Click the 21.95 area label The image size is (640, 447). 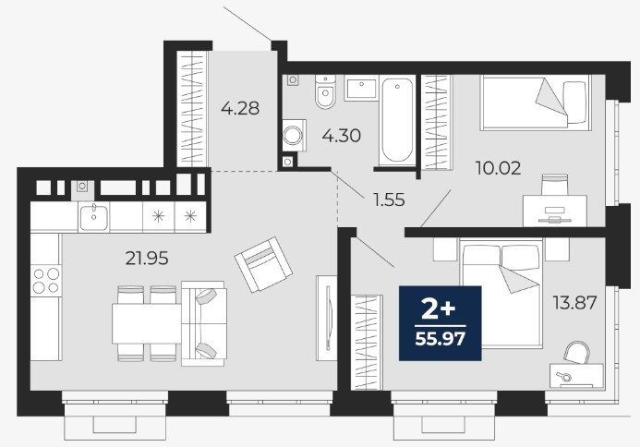(x=147, y=258)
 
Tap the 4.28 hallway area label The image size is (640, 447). (x=240, y=109)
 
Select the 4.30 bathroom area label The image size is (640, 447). (x=341, y=136)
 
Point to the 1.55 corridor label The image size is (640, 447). (x=389, y=199)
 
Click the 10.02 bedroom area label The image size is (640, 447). (x=499, y=168)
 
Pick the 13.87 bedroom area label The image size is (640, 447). (x=574, y=303)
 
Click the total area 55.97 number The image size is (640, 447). (x=440, y=339)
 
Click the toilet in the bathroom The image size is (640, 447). (x=325, y=91)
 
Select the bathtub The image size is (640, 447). (x=397, y=120)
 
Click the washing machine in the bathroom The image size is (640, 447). (x=294, y=136)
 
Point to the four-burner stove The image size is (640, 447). (x=46, y=281)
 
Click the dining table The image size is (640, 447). (x=147, y=323)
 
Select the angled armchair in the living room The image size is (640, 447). (x=263, y=264)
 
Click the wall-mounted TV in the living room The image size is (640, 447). (x=327, y=318)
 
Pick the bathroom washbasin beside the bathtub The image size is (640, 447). (x=361, y=88)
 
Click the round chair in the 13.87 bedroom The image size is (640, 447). (x=576, y=352)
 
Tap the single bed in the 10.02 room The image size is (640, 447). (x=536, y=103)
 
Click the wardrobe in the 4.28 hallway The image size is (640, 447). (x=192, y=109)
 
